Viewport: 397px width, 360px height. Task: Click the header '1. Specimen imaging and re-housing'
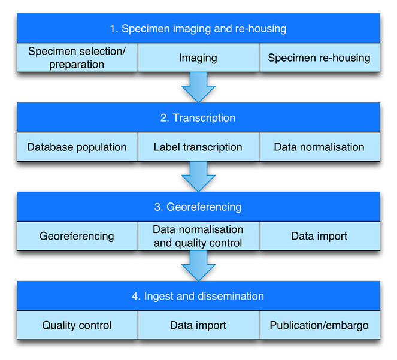coord(198,28)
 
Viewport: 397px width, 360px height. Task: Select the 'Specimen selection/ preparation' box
coord(77,58)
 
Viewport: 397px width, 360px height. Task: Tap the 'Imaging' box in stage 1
coord(198,58)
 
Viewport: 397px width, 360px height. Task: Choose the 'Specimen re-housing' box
coord(319,58)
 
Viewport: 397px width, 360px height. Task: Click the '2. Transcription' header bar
coord(198,117)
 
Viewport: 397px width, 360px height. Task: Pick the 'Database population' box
coord(77,147)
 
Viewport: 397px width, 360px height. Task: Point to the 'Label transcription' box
coord(198,147)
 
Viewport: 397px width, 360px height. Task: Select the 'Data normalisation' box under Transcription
coord(319,147)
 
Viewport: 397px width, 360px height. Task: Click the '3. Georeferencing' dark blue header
coord(198,207)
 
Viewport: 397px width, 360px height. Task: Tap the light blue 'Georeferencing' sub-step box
coord(77,236)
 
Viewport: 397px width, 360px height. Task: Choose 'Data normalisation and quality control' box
coord(198,236)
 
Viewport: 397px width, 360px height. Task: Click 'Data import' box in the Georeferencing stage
coord(319,236)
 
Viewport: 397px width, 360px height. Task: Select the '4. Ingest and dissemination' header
coord(198,296)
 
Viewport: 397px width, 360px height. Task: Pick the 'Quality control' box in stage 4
coord(77,325)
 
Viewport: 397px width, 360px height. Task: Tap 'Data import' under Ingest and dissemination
coord(198,325)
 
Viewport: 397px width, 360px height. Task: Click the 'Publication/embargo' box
coord(319,325)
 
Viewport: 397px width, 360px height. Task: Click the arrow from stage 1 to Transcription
coord(198,86)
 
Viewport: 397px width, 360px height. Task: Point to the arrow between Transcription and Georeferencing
coord(198,176)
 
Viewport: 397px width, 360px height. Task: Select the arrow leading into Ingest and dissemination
coord(198,265)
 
